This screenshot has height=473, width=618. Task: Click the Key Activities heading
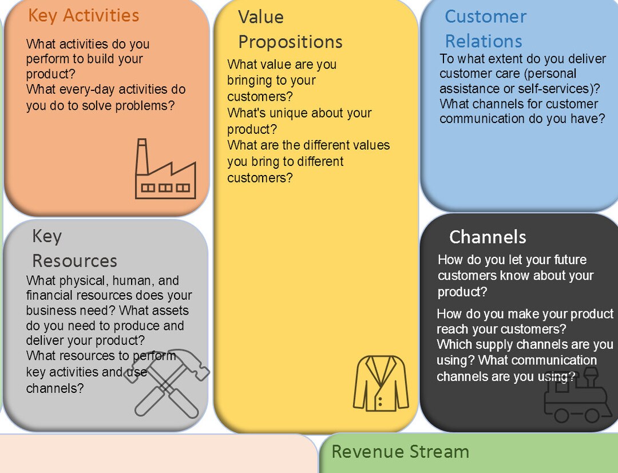tap(84, 15)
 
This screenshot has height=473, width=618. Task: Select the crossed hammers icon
tap(167, 382)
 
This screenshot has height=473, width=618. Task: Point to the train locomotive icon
tap(575, 398)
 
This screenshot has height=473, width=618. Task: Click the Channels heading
tap(488, 237)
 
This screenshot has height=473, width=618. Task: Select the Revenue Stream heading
tap(400, 452)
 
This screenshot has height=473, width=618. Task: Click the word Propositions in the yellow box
tap(290, 42)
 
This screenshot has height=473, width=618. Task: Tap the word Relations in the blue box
tap(484, 41)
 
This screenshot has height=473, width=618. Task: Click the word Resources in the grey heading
tap(74, 261)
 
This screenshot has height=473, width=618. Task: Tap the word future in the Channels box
tap(565, 260)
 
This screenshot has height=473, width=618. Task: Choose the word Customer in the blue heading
tap(485, 17)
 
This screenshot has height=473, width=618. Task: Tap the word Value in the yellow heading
tap(260, 17)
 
